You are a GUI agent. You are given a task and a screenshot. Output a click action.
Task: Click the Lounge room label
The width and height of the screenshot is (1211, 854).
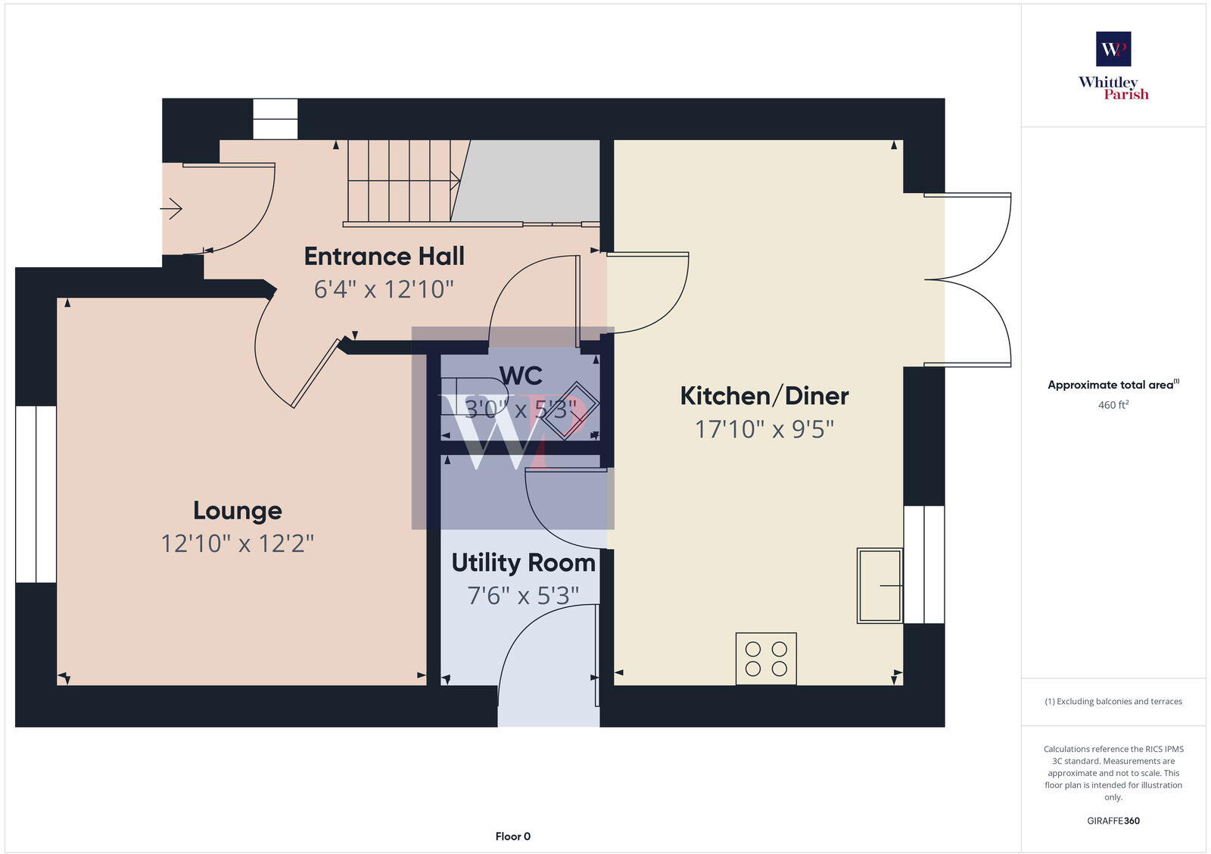point(237,510)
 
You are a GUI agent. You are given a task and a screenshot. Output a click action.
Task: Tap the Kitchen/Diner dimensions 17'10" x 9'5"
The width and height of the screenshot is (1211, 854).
point(764,429)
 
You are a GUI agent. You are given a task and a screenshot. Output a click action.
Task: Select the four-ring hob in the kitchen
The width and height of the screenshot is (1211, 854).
point(766,659)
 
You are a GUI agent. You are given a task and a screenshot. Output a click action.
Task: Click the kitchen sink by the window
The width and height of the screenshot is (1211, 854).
point(879,585)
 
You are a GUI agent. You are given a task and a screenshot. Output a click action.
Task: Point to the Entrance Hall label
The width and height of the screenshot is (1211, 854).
point(384,256)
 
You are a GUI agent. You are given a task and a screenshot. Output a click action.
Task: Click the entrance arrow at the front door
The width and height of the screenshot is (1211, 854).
point(172,207)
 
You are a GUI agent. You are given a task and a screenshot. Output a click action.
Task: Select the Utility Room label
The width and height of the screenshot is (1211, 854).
point(523,563)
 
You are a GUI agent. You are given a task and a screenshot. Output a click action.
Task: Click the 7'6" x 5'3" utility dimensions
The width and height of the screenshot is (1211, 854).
point(523,596)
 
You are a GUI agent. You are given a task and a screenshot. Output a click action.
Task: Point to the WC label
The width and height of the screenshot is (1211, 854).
point(521,376)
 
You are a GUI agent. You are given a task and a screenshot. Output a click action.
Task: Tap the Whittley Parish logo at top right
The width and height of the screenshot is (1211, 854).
point(1113,66)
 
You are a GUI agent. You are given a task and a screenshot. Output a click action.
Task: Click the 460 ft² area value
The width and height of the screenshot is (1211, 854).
point(1113,405)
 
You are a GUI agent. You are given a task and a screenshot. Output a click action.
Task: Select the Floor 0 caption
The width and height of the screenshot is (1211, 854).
point(512,837)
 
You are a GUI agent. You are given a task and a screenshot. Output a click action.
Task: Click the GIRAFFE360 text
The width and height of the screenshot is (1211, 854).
point(1113,821)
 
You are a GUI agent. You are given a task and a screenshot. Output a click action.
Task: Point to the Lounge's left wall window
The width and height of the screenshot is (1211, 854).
point(36,494)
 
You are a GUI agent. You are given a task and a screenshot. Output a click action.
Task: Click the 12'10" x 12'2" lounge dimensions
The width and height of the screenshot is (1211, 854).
point(237,544)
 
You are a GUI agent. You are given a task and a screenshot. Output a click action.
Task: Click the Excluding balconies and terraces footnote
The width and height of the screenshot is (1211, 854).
point(1113,701)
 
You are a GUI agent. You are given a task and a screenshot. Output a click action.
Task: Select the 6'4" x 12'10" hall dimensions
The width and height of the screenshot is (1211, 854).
point(384,289)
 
